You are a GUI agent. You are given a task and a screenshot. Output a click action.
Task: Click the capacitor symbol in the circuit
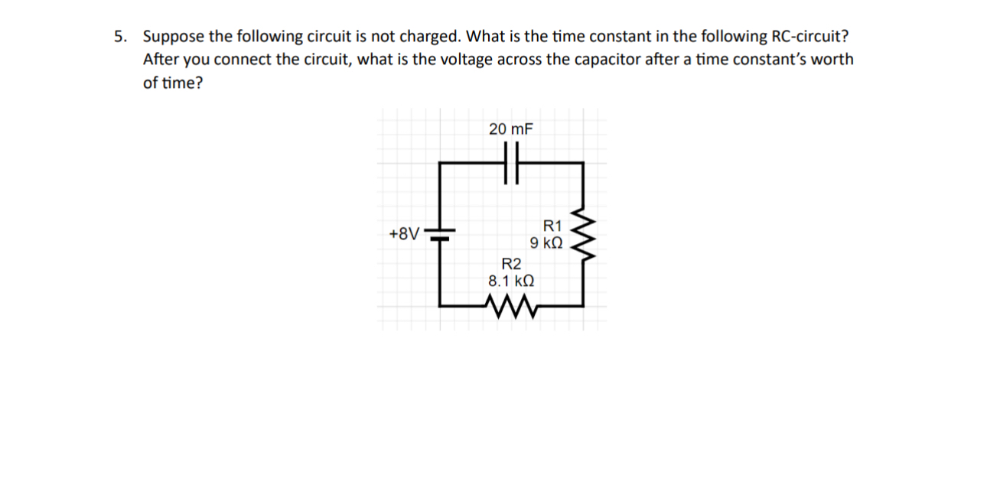[x=511, y=163]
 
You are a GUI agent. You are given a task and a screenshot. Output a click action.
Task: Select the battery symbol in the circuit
[x=440, y=233]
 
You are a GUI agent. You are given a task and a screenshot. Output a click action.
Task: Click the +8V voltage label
[x=403, y=233]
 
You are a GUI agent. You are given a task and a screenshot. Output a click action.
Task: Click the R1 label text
[x=552, y=226]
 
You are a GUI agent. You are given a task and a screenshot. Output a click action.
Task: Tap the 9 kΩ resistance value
[x=546, y=243]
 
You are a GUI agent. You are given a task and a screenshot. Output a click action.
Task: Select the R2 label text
[x=510, y=264]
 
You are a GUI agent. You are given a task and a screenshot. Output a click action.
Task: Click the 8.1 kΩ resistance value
[x=510, y=281]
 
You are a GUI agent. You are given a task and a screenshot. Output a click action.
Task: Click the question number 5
[x=119, y=37]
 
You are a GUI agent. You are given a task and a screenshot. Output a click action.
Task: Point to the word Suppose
[x=173, y=37]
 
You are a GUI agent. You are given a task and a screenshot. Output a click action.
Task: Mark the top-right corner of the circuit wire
[x=584, y=163]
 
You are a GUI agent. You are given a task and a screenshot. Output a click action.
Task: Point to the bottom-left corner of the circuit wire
[x=440, y=305]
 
